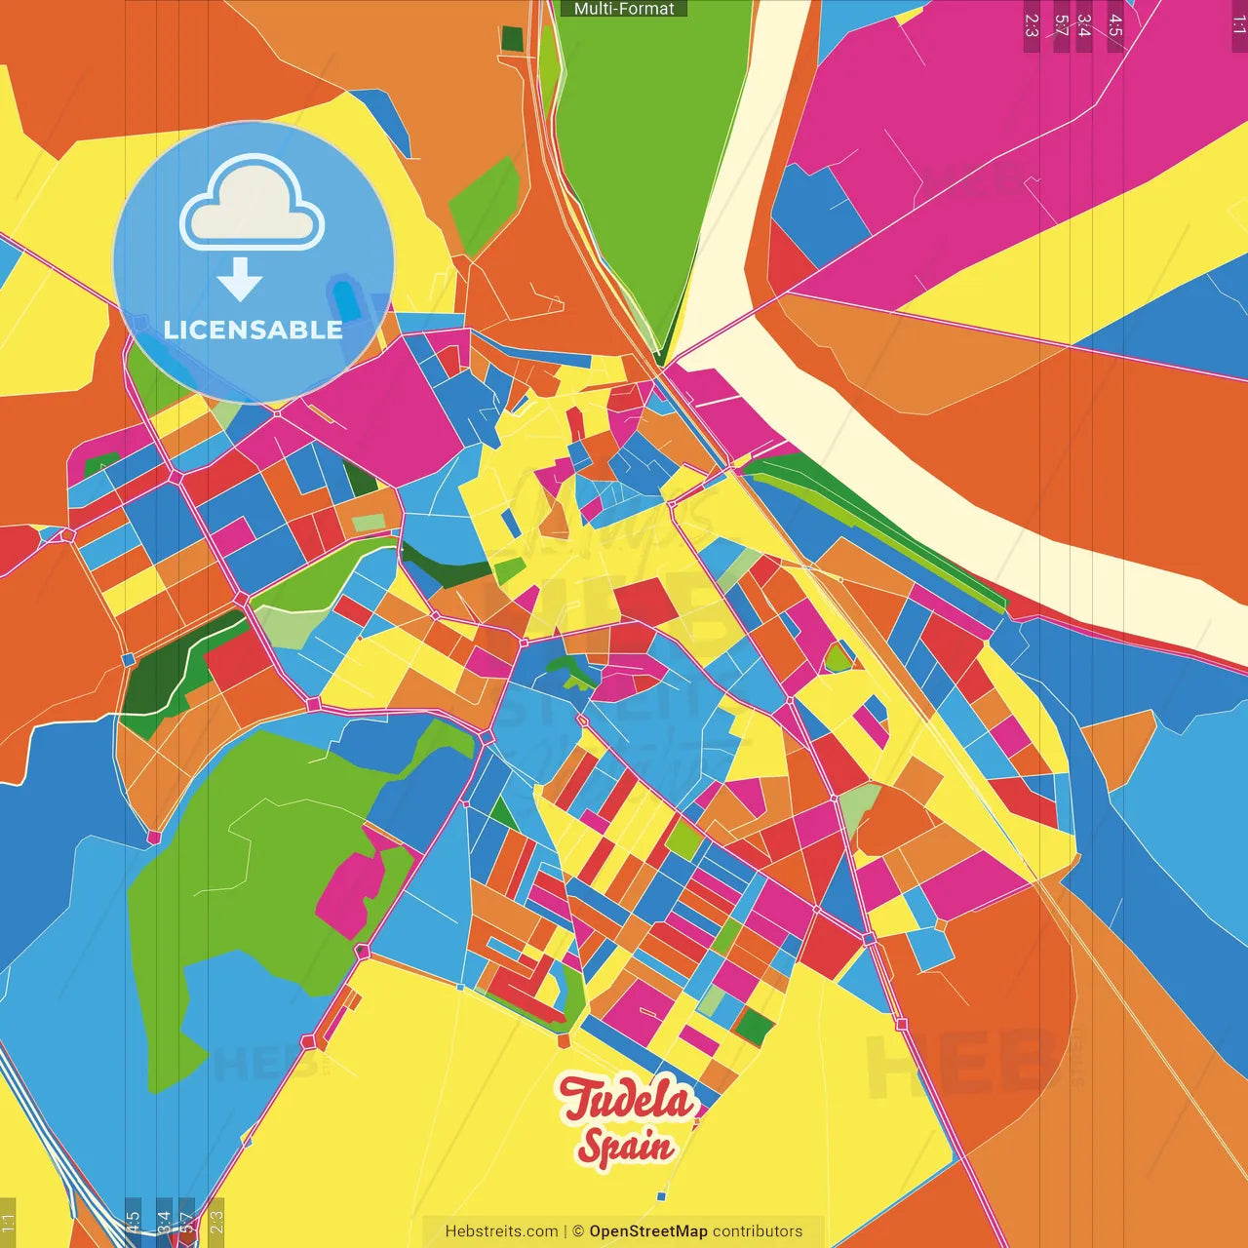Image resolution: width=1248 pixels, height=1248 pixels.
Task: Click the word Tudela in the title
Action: click(x=627, y=1099)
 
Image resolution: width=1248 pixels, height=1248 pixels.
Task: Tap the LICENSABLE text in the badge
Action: click(x=253, y=330)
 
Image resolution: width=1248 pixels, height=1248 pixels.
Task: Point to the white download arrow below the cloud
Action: click(x=240, y=279)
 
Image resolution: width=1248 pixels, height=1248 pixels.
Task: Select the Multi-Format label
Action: click(x=624, y=9)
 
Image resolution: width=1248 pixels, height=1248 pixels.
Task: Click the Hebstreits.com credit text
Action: click(x=501, y=1231)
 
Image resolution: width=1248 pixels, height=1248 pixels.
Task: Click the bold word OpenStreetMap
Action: click(x=647, y=1231)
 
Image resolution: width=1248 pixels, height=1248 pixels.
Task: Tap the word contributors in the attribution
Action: click(x=758, y=1231)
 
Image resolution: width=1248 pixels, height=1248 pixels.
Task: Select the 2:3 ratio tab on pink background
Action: click(x=1032, y=25)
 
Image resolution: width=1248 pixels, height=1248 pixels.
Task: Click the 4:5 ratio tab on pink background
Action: click(x=1115, y=25)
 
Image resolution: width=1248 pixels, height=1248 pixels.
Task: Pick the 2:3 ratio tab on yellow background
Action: click(x=216, y=1222)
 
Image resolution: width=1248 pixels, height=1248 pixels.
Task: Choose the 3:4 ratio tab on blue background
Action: click(x=163, y=1222)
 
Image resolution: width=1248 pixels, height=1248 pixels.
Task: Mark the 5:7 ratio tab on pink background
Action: click(x=1061, y=25)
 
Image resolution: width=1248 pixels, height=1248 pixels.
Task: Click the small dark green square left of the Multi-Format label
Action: click(x=512, y=39)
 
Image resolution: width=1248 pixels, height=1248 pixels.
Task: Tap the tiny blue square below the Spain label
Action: click(x=661, y=1196)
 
